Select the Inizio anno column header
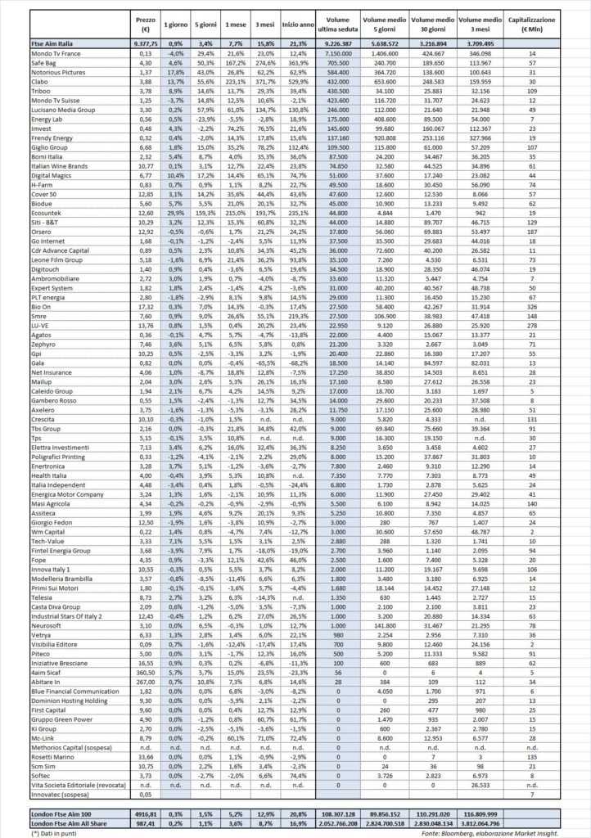pos(296,21)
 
